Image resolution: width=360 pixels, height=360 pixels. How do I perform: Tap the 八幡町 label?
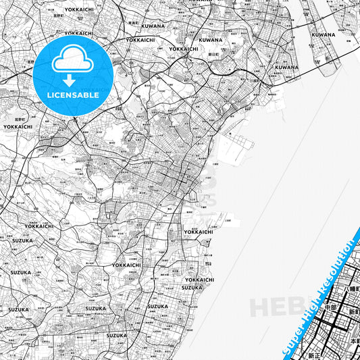pos(351,288)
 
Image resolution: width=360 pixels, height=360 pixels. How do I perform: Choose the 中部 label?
pos(330,306)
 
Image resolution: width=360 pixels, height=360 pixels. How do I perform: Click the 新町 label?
pos(353,312)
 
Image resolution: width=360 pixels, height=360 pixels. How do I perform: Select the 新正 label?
pos(315,355)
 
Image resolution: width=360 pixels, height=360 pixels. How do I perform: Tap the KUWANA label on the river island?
pos(324,34)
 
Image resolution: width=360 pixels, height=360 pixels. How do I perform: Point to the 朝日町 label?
pos(213,53)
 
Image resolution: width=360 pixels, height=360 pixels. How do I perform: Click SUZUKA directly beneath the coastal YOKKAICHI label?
pos(192,287)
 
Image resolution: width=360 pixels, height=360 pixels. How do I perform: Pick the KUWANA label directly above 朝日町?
pos(211,40)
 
